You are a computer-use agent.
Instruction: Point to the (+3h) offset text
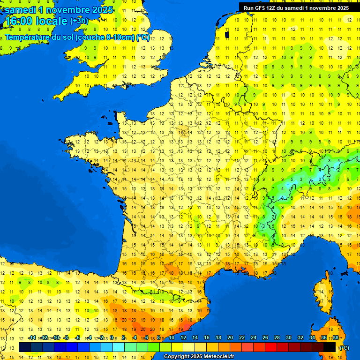[x=79, y=21]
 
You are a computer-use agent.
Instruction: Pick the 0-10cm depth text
[x=120, y=37]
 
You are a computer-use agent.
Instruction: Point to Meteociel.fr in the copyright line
[x=219, y=357]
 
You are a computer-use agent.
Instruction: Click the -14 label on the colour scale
[x=32, y=338]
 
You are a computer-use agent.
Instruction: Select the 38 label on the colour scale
[x=336, y=338]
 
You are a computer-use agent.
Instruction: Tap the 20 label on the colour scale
[x=230, y=338]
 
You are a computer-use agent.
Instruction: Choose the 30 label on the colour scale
[x=289, y=338]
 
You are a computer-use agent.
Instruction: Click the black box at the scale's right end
[x=330, y=347]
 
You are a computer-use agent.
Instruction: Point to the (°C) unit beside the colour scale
[x=345, y=347]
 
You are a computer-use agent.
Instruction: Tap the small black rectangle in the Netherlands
[x=227, y=34]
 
